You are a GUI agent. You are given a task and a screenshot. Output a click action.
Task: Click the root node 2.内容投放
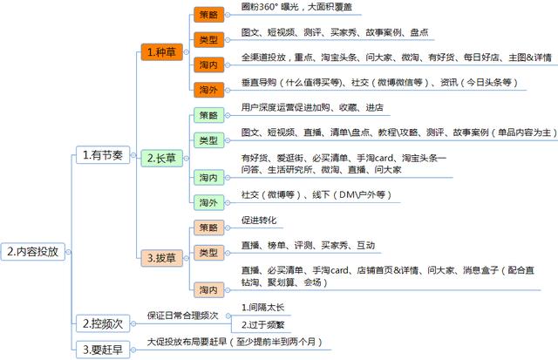pyautogui.click(x=33, y=252)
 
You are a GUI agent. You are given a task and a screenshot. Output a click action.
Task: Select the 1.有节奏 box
pyautogui.click(x=103, y=155)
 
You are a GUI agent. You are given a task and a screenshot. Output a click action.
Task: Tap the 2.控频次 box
pyautogui.click(x=103, y=323)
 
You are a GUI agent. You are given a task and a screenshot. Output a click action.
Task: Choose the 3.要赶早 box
pyautogui.click(x=103, y=350)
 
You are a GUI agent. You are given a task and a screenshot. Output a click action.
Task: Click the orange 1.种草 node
pyautogui.click(x=162, y=52)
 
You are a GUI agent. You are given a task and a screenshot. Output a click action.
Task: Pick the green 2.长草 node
pyautogui.click(x=162, y=158)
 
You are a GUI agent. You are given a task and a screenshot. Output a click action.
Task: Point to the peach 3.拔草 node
pyautogui.click(x=162, y=258)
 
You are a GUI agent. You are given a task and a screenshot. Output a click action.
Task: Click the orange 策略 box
pyautogui.click(x=209, y=15)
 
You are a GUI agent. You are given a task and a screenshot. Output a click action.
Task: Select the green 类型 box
pyautogui.click(x=209, y=140)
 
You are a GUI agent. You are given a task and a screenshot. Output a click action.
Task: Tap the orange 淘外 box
pyautogui.click(x=209, y=90)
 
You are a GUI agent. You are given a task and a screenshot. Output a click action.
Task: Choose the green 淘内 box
pyautogui.click(x=209, y=178)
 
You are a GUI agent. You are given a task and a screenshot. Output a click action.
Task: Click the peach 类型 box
pyautogui.click(x=209, y=253)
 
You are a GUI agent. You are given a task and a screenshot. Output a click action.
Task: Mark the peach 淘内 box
pyautogui.click(x=209, y=290)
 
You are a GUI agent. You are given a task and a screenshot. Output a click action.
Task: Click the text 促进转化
pyautogui.click(x=259, y=221)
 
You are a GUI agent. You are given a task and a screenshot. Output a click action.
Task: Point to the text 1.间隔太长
pyautogui.click(x=262, y=308)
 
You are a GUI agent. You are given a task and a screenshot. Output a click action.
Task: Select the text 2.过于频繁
pyautogui.click(x=262, y=324)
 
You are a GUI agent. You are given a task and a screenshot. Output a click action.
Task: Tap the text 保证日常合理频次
pyautogui.click(x=182, y=316)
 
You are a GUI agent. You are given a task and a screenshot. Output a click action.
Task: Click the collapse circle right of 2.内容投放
pyautogui.click(x=68, y=252)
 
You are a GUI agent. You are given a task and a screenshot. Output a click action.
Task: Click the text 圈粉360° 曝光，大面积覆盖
pyautogui.click(x=296, y=7)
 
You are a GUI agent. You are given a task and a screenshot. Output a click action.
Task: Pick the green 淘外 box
pyautogui.click(x=209, y=203)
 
